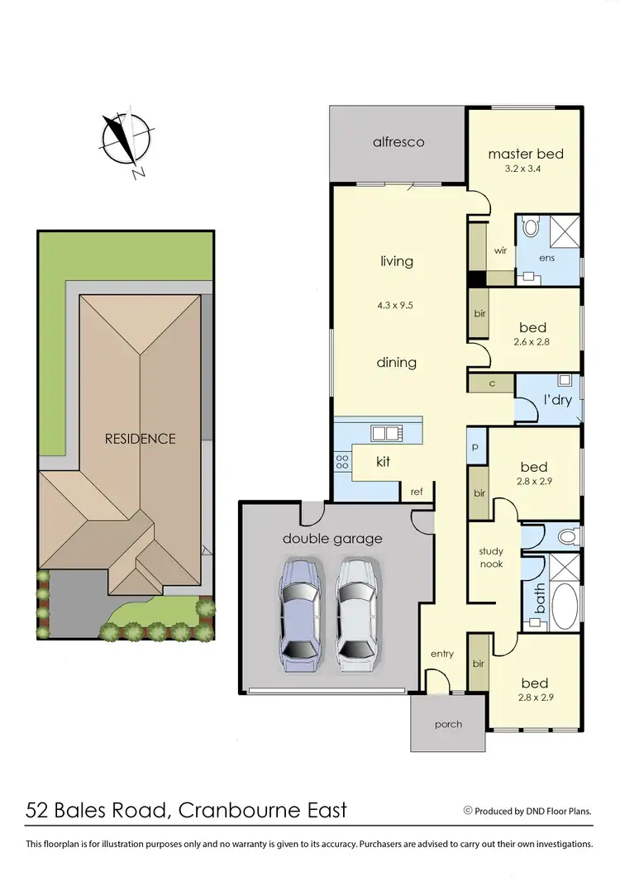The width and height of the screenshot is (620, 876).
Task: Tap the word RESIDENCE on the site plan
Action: (140, 439)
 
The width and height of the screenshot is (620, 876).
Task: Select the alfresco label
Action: (398, 142)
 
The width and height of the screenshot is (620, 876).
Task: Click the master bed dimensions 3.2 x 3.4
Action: (525, 169)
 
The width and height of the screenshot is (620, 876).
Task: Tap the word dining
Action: (396, 363)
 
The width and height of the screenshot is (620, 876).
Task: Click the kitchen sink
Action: (386, 432)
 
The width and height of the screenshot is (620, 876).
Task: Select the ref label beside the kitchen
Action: (417, 492)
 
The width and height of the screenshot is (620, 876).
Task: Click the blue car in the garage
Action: (298, 612)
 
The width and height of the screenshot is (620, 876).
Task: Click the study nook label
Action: (491, 558)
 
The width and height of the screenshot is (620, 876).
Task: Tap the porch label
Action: (448, 725)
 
